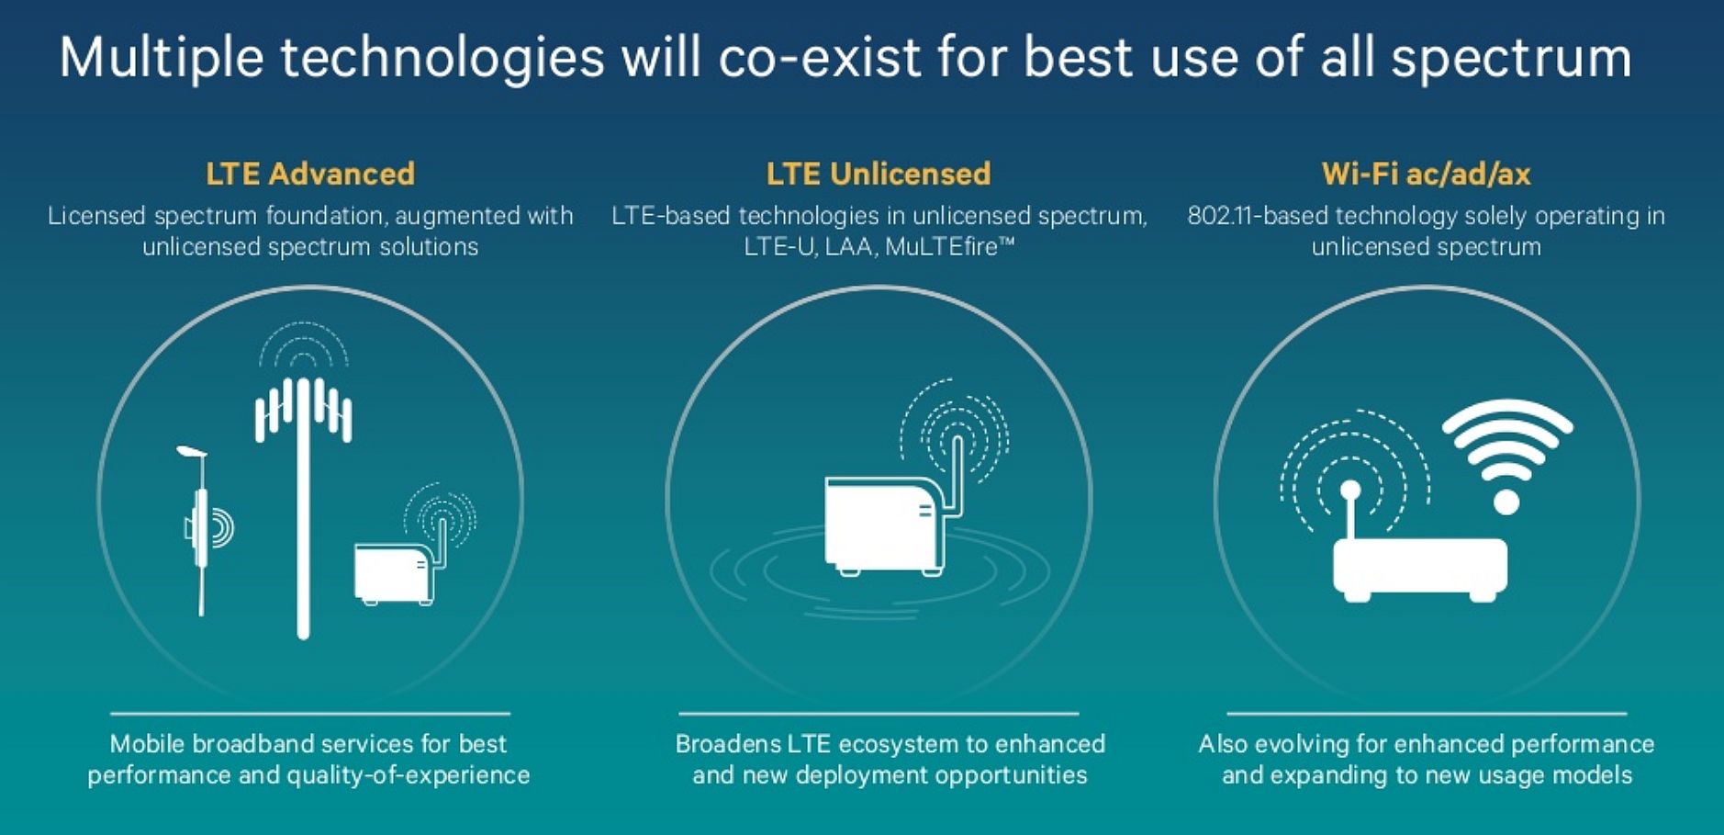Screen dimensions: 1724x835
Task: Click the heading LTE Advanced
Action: click(x=310, y=174)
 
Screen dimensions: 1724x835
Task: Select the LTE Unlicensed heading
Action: click(x=879, y=174)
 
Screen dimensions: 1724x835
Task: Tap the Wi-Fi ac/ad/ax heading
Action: click(x=1426, y=174)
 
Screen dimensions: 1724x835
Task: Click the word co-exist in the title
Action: click(x=820, y=58)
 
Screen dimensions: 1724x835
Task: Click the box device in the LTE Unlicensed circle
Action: click(x=886, y=525)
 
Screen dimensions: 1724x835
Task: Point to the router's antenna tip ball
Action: click(x=1349, y=491)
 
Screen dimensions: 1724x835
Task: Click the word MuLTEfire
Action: click(x=949, y=246)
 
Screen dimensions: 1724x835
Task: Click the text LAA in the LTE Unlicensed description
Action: click(x=849, y=246)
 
